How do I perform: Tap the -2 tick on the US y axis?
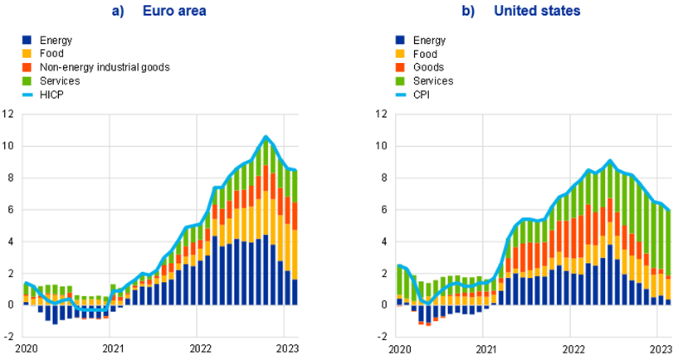(x=383, y=337)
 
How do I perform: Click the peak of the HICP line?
(x=266, y=137)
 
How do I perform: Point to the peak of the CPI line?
(x=610, y=160)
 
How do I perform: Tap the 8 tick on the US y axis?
(x=384, y=178)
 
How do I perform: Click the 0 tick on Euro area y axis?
(x=11, y=305)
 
